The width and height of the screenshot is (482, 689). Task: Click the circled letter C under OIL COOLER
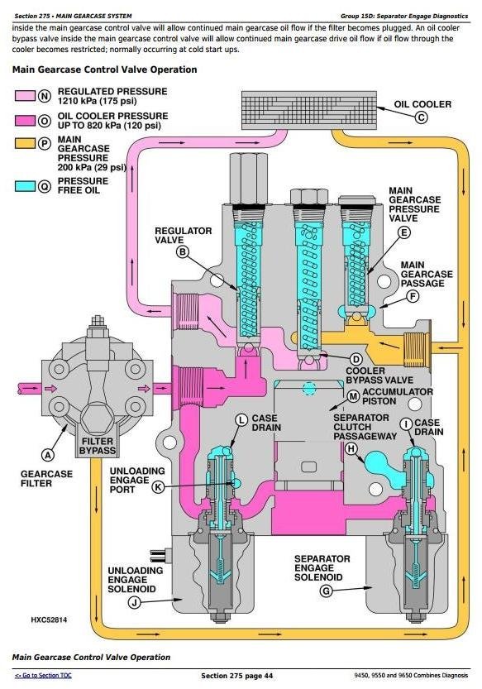[421, 117]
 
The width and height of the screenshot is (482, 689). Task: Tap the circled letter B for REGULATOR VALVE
[183, 251]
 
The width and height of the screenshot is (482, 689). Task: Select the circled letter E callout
[403, 233]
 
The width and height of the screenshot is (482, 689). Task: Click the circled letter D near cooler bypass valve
[356, 359]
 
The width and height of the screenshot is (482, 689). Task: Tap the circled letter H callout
[351, 449]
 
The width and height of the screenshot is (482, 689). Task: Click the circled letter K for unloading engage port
[157, 487]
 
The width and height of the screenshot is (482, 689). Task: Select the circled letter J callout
[133, 602]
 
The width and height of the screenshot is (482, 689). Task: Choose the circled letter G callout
[326, 591]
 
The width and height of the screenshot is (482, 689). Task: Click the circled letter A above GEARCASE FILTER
[47, 454]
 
